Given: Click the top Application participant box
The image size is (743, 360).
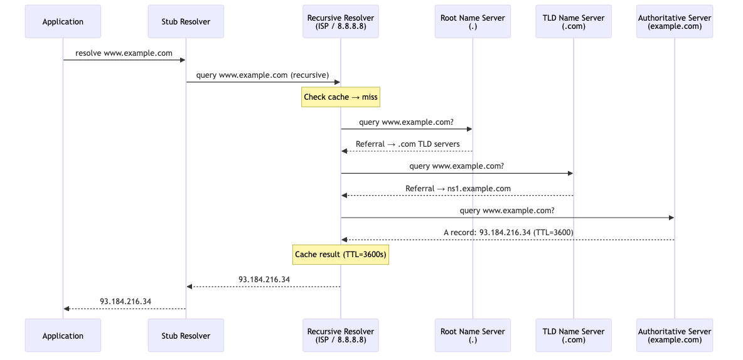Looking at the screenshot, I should [63, 22].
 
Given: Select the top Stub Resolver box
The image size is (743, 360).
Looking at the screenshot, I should [186, 22].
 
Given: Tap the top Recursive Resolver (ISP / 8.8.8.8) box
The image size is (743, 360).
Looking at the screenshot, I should [341, 22].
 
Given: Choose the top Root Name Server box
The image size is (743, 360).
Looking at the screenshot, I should [473, 22].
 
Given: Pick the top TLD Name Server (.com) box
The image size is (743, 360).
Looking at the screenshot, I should [573, 22].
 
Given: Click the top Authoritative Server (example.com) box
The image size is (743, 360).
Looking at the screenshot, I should [675, 22].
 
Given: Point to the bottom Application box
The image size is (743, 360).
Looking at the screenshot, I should [63, 336].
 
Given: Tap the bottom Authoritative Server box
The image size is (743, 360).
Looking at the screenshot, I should [675, 336].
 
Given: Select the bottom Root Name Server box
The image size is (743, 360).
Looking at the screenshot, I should [473, 336].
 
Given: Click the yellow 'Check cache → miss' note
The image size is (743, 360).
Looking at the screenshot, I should [341, 97].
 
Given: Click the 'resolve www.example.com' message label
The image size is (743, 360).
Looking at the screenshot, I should [124, 53].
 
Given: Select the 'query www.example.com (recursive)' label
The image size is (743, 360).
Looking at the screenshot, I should [262, 75].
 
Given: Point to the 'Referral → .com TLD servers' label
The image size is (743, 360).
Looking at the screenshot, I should [407, 144].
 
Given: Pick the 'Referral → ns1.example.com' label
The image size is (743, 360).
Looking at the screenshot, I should [457, 188].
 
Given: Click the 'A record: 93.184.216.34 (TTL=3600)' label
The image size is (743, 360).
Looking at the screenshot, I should [508, 232].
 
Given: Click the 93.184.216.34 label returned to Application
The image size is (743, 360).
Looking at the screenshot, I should [126, 301].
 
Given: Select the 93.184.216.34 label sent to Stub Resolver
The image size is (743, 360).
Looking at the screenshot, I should [264, 279].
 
